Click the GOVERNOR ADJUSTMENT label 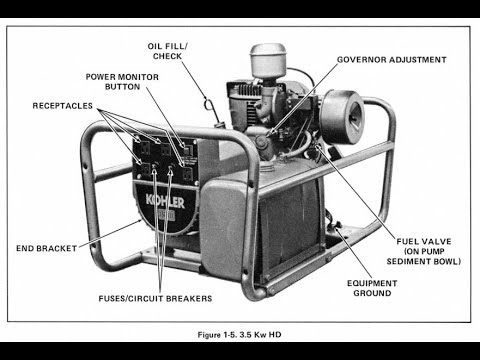[392, 60]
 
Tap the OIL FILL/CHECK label [168, 51]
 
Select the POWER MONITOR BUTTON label [122, 82]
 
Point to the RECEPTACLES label [63, 106]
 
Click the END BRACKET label [46, 248]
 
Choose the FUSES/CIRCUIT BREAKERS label [155, 298]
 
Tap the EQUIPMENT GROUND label [372, 288]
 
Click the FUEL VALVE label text [424, 251]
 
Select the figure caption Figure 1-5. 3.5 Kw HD [240, 335]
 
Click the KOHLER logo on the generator [165, 202]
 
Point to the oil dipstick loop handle [209, 104]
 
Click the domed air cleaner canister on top [268, 61]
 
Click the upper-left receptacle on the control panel [144, 148]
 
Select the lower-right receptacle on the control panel [188, 174]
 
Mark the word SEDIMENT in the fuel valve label [408, 261]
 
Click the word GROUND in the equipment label [372, 293]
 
